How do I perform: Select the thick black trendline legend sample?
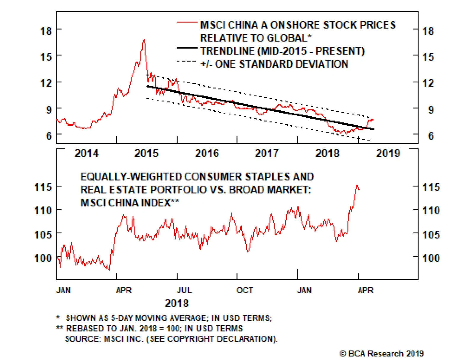pos(187,48)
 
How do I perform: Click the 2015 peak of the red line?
pos(144,40)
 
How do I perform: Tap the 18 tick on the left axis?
pos(46,31)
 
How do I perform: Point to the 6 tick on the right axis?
pos(431,136)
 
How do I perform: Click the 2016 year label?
pos(207,153)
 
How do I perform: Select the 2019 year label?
pos(388,153)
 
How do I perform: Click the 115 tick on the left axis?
pos(43,187)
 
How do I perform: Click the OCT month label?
pos(245,290)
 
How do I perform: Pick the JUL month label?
pos(184,290)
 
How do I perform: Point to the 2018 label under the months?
pos(177,303)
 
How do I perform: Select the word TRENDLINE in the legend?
pos(227,51)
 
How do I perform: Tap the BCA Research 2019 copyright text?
pos(382,353)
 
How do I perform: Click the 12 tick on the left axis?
pos(46,83)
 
